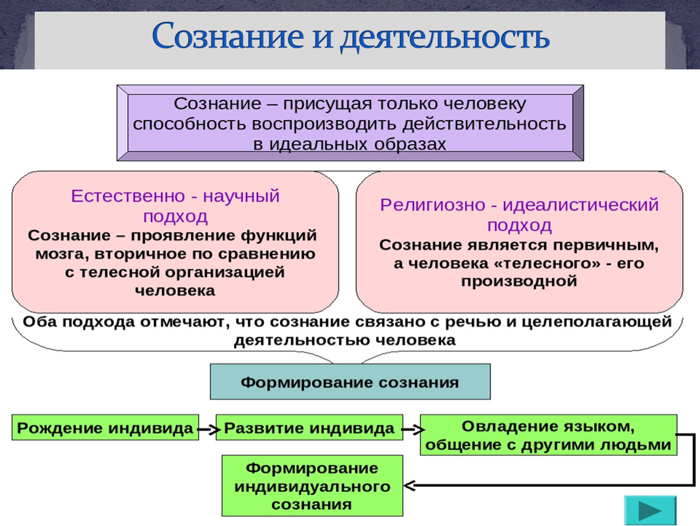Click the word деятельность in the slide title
[444, 37]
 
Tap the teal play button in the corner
[649, 510]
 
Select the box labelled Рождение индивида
[105, 428]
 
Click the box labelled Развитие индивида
[309, 428]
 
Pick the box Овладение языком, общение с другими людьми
[548, 435]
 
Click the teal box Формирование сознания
[350, 382]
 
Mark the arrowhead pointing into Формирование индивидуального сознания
[410, 485]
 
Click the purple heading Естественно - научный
[175, 197]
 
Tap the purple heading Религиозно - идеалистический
[519, 205]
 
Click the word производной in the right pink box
[518, 282]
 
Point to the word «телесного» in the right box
[557, 264]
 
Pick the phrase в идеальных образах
[350, 145]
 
